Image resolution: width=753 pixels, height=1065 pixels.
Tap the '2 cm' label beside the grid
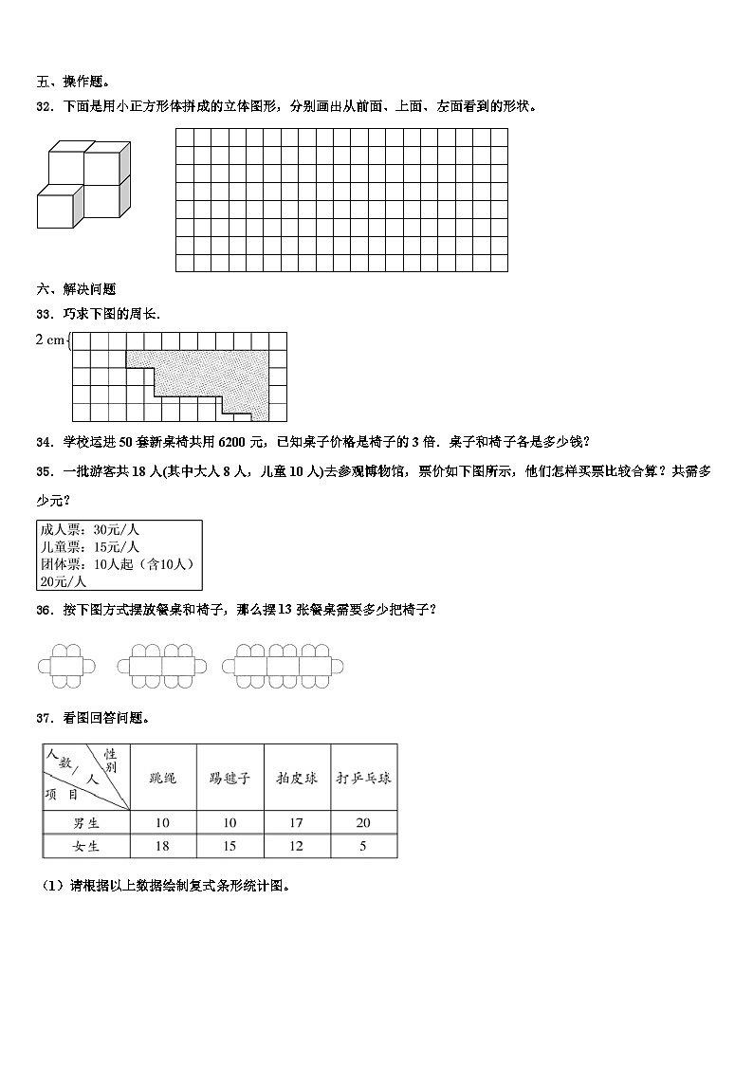point(50,340)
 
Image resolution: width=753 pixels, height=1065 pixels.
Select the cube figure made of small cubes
point(83,184)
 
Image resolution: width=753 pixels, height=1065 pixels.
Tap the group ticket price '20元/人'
point(63,581)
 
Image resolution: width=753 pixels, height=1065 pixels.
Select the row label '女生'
point(86,846)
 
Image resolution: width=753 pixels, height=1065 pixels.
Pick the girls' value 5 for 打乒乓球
point(363,846)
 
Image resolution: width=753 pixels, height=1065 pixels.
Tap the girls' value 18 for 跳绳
point(162,846)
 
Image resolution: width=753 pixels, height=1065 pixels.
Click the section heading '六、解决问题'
point(75,289)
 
